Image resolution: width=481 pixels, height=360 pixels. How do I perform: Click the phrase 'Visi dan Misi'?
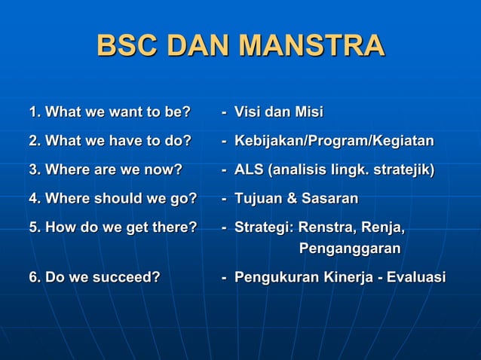[278, 113]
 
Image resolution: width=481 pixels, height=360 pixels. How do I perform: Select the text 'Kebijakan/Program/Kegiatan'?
[334, 142]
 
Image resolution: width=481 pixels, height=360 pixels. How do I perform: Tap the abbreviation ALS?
[250, 170]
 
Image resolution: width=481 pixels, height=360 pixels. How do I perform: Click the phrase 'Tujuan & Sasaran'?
[296, 199]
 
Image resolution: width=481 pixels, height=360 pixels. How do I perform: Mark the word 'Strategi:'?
[265, 227]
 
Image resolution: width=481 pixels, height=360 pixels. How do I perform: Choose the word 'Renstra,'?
[326, 227]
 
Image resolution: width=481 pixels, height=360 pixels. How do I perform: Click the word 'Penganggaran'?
[350, 249]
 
